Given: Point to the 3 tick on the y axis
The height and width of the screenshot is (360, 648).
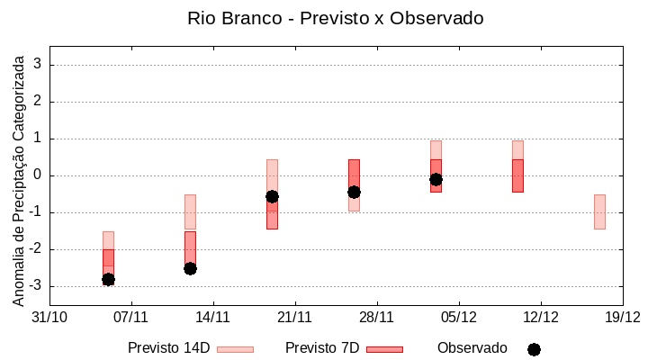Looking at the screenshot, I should (x=38, y=65).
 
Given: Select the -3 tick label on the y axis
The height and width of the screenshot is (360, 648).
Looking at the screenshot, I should (x=35, y=286).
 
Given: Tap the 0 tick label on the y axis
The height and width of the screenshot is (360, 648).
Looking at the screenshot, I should (x=38, y=175).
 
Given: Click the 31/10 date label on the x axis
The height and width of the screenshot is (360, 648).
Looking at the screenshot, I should (x=49, y=317).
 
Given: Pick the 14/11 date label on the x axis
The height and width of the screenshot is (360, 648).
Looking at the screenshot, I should (x=212, y=317).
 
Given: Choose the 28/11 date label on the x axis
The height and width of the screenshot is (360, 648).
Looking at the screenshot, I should (x=376, y=317).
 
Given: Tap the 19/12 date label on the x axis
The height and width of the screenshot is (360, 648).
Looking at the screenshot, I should (x=622, y=317).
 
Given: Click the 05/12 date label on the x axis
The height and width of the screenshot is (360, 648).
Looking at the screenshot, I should (x=458, y=317).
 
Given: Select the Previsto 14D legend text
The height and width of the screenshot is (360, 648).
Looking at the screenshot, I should (x=169, y=348).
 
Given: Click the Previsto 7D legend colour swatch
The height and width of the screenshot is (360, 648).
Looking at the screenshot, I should (x=384, y=349).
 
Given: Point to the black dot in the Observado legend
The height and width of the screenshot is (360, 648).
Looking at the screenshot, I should (x=534, y=349).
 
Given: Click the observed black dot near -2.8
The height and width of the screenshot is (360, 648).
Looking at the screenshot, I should (x=108, y=280).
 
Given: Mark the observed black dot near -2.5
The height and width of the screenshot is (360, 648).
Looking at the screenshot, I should (x=190, y=268).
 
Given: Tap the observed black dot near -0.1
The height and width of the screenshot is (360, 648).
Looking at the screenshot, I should (x=436, y=179).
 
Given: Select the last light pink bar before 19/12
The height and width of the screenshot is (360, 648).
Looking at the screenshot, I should (x=599, y=211).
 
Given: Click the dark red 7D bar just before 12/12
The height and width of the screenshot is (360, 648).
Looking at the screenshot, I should (x=517, y=175).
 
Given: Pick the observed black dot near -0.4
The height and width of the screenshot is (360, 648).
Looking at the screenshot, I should (x=354, y=192).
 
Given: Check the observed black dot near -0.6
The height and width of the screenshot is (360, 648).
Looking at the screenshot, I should (x=272, y=196).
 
